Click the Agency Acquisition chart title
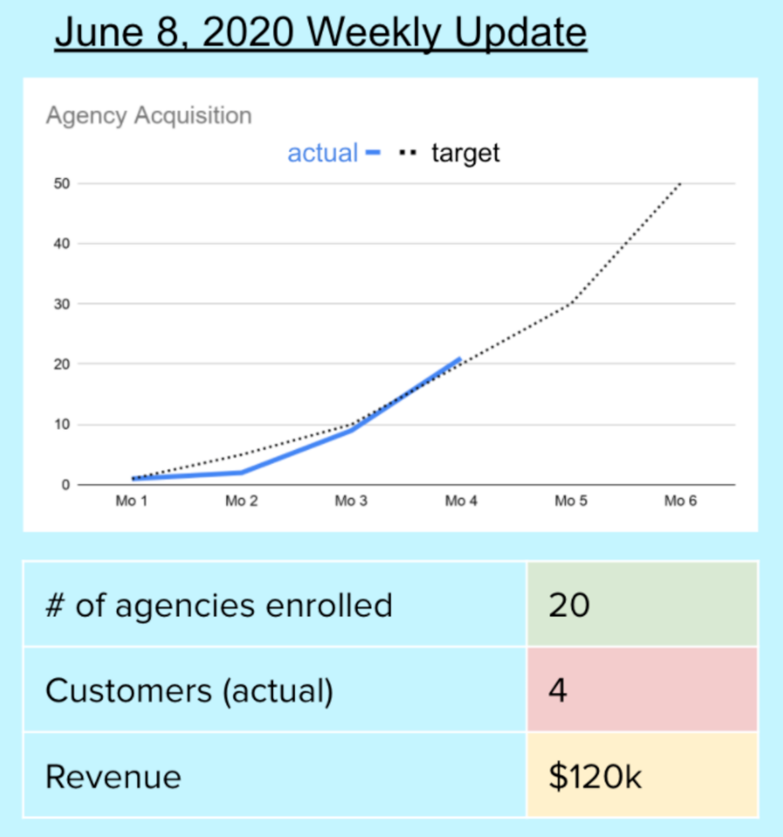(x=149, y=115)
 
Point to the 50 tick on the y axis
(x=61, y=183)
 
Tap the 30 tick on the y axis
(x=61, y=304)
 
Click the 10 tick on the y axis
(x=61, y=424)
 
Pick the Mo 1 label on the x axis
(x=132, y=501)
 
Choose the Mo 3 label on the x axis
(x=351, y=501)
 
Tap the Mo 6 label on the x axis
(x=680, y=501)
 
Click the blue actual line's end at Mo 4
(x=460, y=359)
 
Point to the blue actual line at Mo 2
(x=242, y=472)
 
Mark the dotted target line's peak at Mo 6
(x=680, y=184)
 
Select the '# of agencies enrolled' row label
(x=219, y=605)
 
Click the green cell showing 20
(x=642, y=605)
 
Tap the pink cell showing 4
(x=642, y=690)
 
